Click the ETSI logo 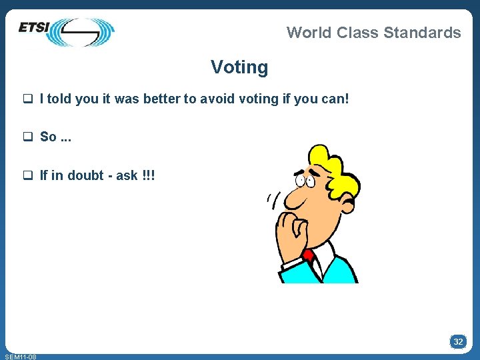pyautogui.click(x=67, y=31)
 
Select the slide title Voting pyautogui.click(x=239, y=67)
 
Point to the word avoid pyautogui.click(x=217, y=99)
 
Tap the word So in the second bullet pyautogui.click(x=48, y=137)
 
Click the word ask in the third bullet pyautogui.click(x=127, y=175)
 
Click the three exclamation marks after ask pyautogui.click(x=149, y=175)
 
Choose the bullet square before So pyautogui.click(x=28, y=137)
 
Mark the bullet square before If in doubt pyautogui.click(x=28, y=176)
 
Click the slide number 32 pyautogui.click(x=458, y=341)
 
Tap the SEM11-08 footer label pyautogui.click(x=20, y=357)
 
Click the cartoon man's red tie pyautogui.click(x=307, y=255)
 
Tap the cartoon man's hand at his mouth pyautogui.click(x=291, y=223)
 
